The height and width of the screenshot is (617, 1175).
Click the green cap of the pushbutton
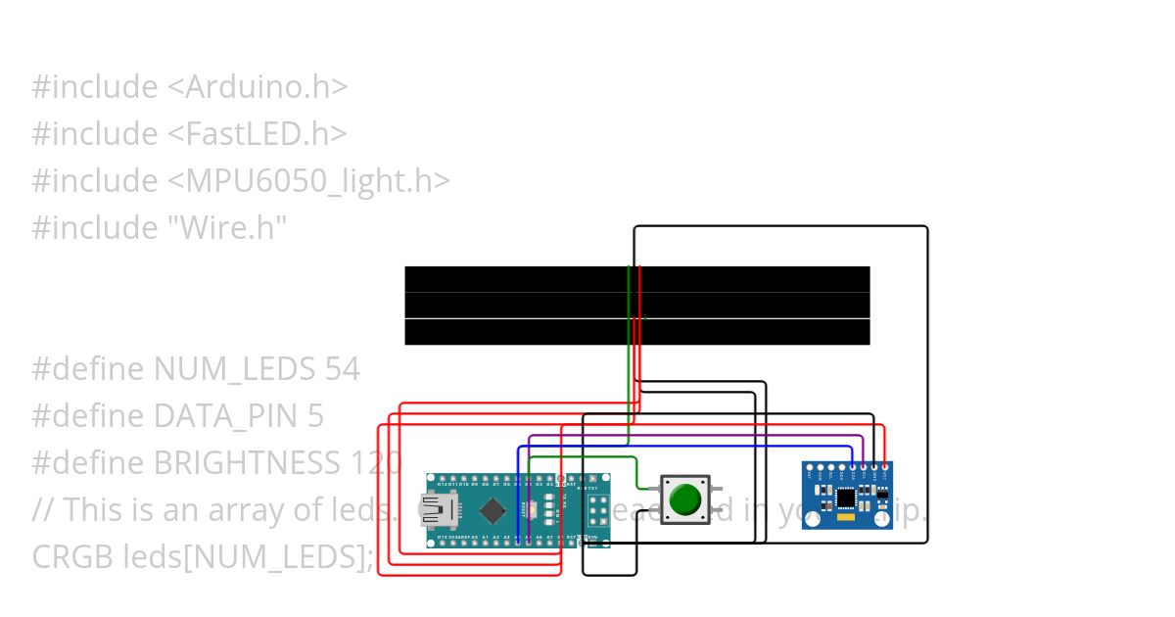pos(685,499)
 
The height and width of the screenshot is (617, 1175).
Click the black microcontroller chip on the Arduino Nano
pos(494,510)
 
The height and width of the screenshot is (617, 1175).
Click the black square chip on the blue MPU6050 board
pos(845,498)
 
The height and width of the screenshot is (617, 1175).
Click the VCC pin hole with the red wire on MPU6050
pos(885,468)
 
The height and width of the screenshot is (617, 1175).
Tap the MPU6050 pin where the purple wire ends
pos(863,468)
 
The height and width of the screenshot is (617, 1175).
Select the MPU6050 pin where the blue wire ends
pos(852,468)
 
